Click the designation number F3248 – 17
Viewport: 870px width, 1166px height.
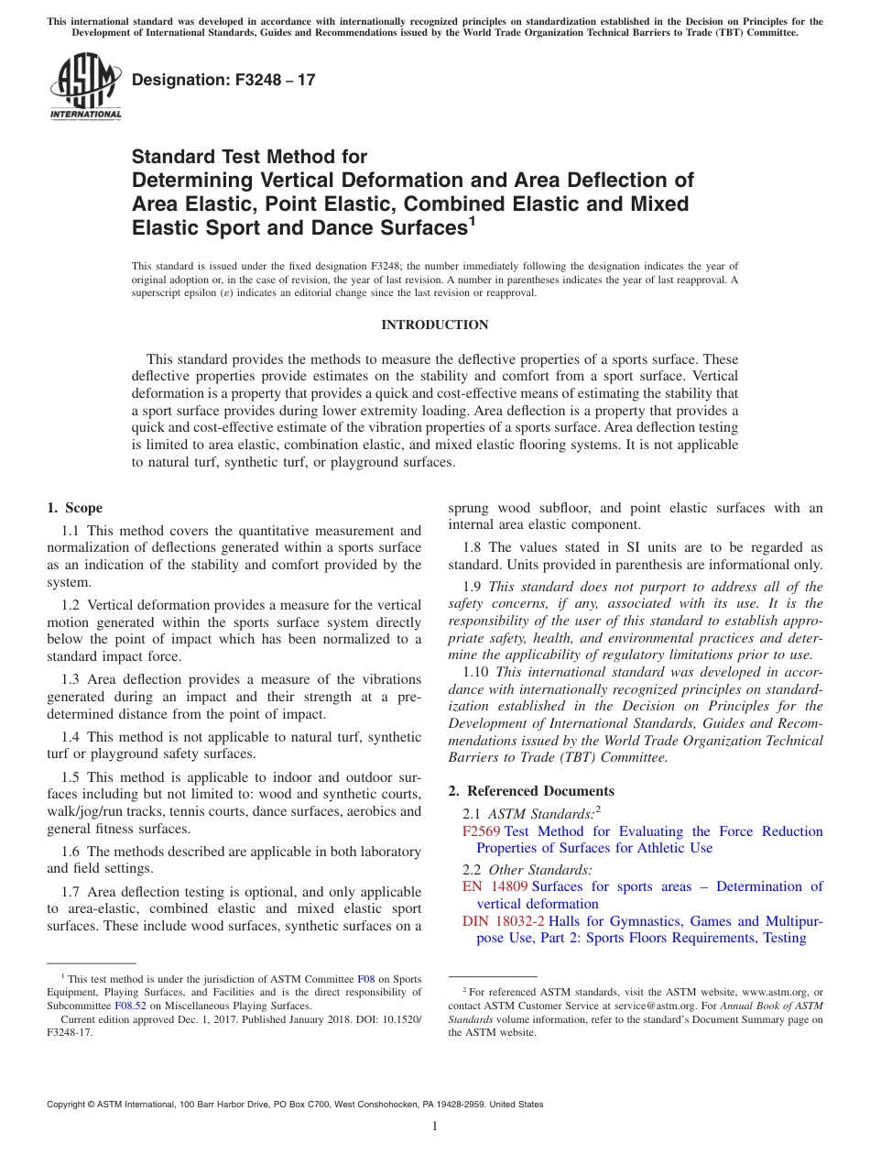coord(223,80)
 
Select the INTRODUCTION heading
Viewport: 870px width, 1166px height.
coord(434,324)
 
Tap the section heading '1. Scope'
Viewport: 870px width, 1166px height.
coord(74,508)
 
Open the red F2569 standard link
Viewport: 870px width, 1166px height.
coord(482,831)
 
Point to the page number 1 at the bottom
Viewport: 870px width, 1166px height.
coord(435,1127)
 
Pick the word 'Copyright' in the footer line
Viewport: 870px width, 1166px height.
coord(69,1105)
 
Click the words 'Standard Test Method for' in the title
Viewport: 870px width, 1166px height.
coord(249,157)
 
